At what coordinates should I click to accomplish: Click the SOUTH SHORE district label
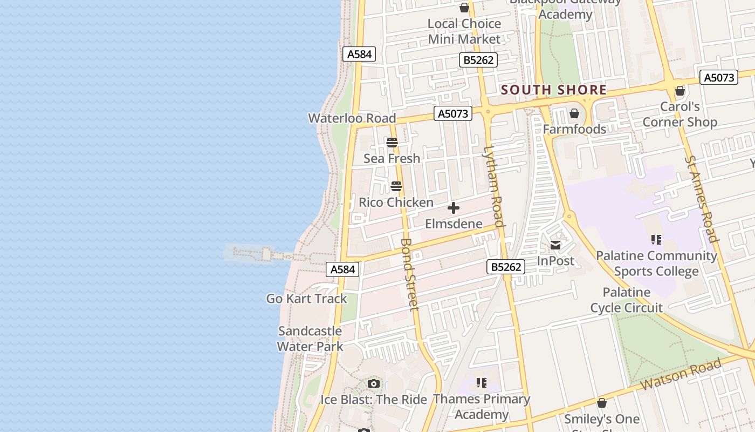pyautogui.click(x=554, y=90)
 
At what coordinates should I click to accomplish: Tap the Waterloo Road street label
pyautogui.click(x=352, y=118)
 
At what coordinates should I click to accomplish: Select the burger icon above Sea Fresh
pyautogui.click(x=392, y=143)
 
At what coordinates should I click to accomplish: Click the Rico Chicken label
pyautogui.click(x=396, y=202)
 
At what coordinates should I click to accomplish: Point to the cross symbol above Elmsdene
pyautogui.click(x=454, y=208)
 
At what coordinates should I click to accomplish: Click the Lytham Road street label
pyautogui.click(x=494, y=186)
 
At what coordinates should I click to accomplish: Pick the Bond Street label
pyautogui.click(x=410, y=274)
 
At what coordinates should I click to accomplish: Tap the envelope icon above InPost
pyautogui.click(x=555, y=246)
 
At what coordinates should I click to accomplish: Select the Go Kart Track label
pyautogui.click(x=306, y=299)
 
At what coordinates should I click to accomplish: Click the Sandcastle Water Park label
pyautogui.click(x=310, y=339)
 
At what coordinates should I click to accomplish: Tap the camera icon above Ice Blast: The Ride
pyautogui.click(x=373, y=384)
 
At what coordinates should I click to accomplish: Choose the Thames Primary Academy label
pyautogui.click(x=482, y=407)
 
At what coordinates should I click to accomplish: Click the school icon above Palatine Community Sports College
pyautogui.click(x=656, y=239)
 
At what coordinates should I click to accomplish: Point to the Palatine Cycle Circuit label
pyautogui.click(x=626, y=300)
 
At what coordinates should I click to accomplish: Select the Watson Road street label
pyautogui.click(x=682, y=375)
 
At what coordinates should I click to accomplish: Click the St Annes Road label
pyautogui.click(x=702, y=199)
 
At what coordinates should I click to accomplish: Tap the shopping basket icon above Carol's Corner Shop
pyautogui.click(x=680, y=91)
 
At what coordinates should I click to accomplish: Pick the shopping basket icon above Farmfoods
pyautogui.click(x=574, y=113)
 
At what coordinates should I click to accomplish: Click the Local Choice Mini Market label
pyautogui.click(x=464, y=31)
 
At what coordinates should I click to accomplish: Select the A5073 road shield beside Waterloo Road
pyautogui.click(x=453, y=113)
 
